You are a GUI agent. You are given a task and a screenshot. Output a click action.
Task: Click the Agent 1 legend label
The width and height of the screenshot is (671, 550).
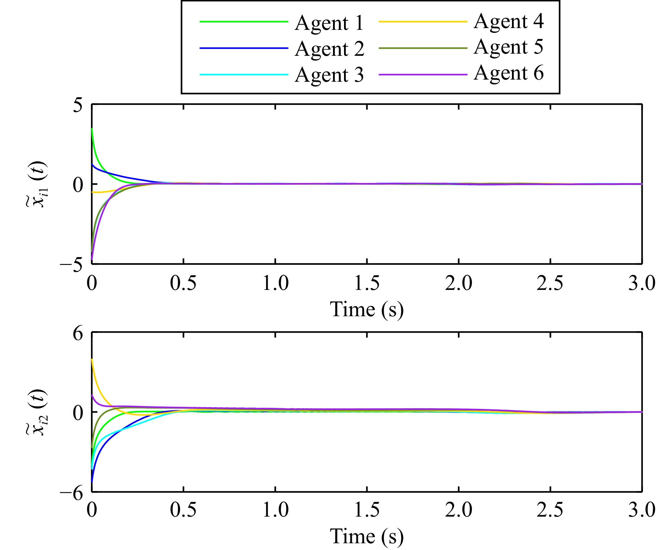[329, 23]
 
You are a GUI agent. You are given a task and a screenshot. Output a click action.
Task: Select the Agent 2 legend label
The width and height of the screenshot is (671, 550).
[329, 49]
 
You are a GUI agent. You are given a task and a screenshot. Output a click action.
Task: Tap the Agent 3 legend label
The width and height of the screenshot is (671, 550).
[329, 75]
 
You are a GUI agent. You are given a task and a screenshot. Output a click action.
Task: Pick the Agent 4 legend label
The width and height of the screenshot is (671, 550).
[508, 22]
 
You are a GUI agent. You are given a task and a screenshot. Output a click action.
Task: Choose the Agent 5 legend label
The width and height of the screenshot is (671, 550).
[508, 47]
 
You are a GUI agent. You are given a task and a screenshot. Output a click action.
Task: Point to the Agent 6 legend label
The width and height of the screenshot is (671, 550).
[508, 73]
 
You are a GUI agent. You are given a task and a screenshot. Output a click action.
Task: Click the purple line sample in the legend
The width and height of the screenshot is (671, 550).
[422, 75]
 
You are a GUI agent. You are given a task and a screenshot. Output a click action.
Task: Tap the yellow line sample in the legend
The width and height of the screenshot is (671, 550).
[422, 22]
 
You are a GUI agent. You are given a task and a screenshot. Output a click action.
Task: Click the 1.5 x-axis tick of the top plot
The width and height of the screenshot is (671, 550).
[367, 284]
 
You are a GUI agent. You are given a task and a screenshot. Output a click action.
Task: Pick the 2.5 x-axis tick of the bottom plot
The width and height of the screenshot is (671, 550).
[550, 510]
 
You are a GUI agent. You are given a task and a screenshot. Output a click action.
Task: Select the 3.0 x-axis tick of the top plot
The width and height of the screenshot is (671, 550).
[642, 284]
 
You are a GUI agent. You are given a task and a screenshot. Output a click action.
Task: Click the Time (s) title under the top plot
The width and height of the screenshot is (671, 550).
[367, 309]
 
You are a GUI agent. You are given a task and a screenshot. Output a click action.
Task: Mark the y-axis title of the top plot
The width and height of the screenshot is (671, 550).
[37, 184]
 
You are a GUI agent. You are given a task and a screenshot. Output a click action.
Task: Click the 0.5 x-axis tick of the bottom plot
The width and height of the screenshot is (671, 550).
[183, 510]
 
